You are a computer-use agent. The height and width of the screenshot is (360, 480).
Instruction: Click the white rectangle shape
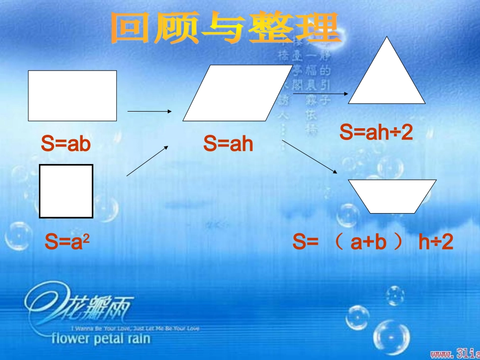tap(72, 95)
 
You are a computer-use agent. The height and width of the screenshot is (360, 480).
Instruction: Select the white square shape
tap(66, 191)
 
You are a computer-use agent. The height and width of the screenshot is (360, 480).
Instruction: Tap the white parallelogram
tap(237, 93)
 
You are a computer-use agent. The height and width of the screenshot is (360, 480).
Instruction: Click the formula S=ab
tap(66, 144)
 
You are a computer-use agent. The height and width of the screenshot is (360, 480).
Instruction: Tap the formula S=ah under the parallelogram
tap(228, 144)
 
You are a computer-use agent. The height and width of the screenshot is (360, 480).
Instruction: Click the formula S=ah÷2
tap(376, 133)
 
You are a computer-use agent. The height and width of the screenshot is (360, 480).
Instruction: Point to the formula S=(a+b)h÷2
tap(373, 243)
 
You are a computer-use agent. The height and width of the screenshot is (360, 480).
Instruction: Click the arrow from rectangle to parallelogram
tap(151, 111)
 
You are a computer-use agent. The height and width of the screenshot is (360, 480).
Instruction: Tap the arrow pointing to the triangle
tap(320, 93)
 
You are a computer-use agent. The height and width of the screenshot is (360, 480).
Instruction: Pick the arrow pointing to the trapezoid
tap(310, 157)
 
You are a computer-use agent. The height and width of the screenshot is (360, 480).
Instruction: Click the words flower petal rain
tap(101, 338)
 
